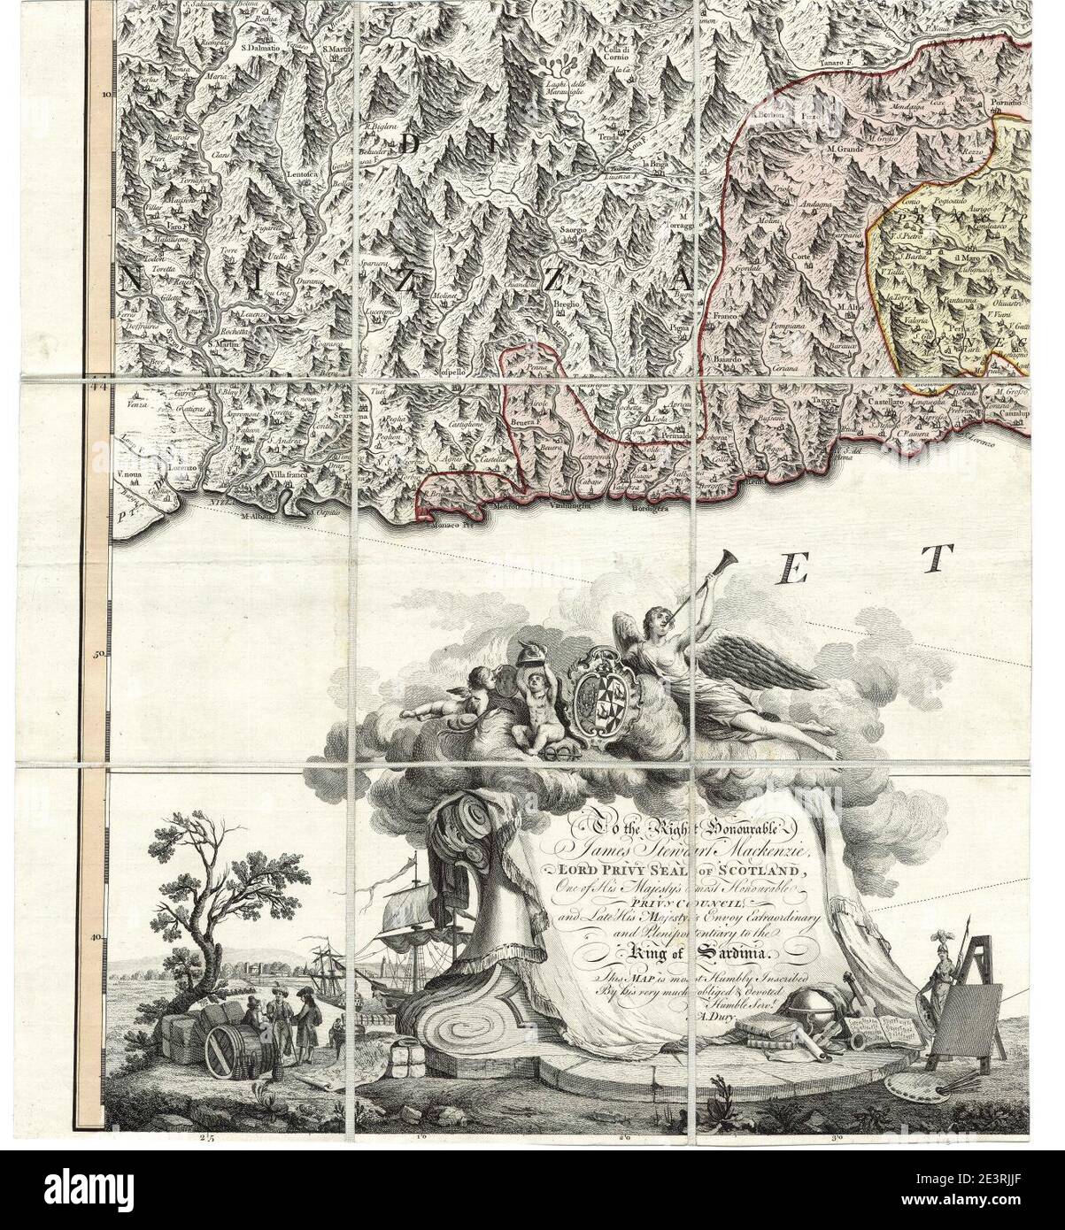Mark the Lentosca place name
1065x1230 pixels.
(x=304, y=174)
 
